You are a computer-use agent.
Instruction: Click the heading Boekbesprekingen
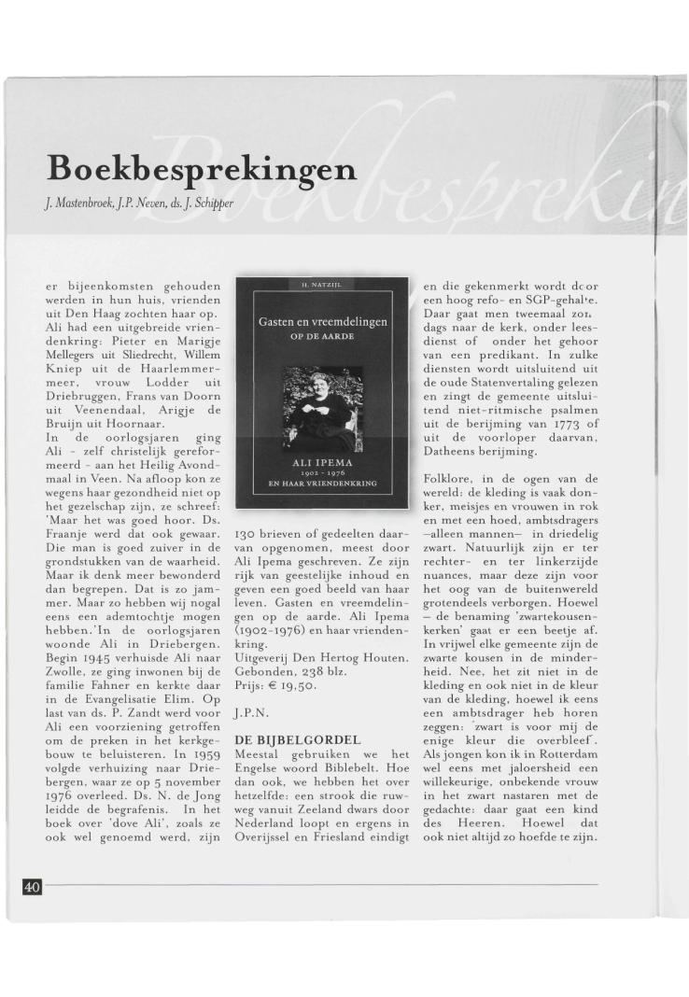click(x=203, y=169)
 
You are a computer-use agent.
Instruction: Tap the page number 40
click(x=31, y=887)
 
